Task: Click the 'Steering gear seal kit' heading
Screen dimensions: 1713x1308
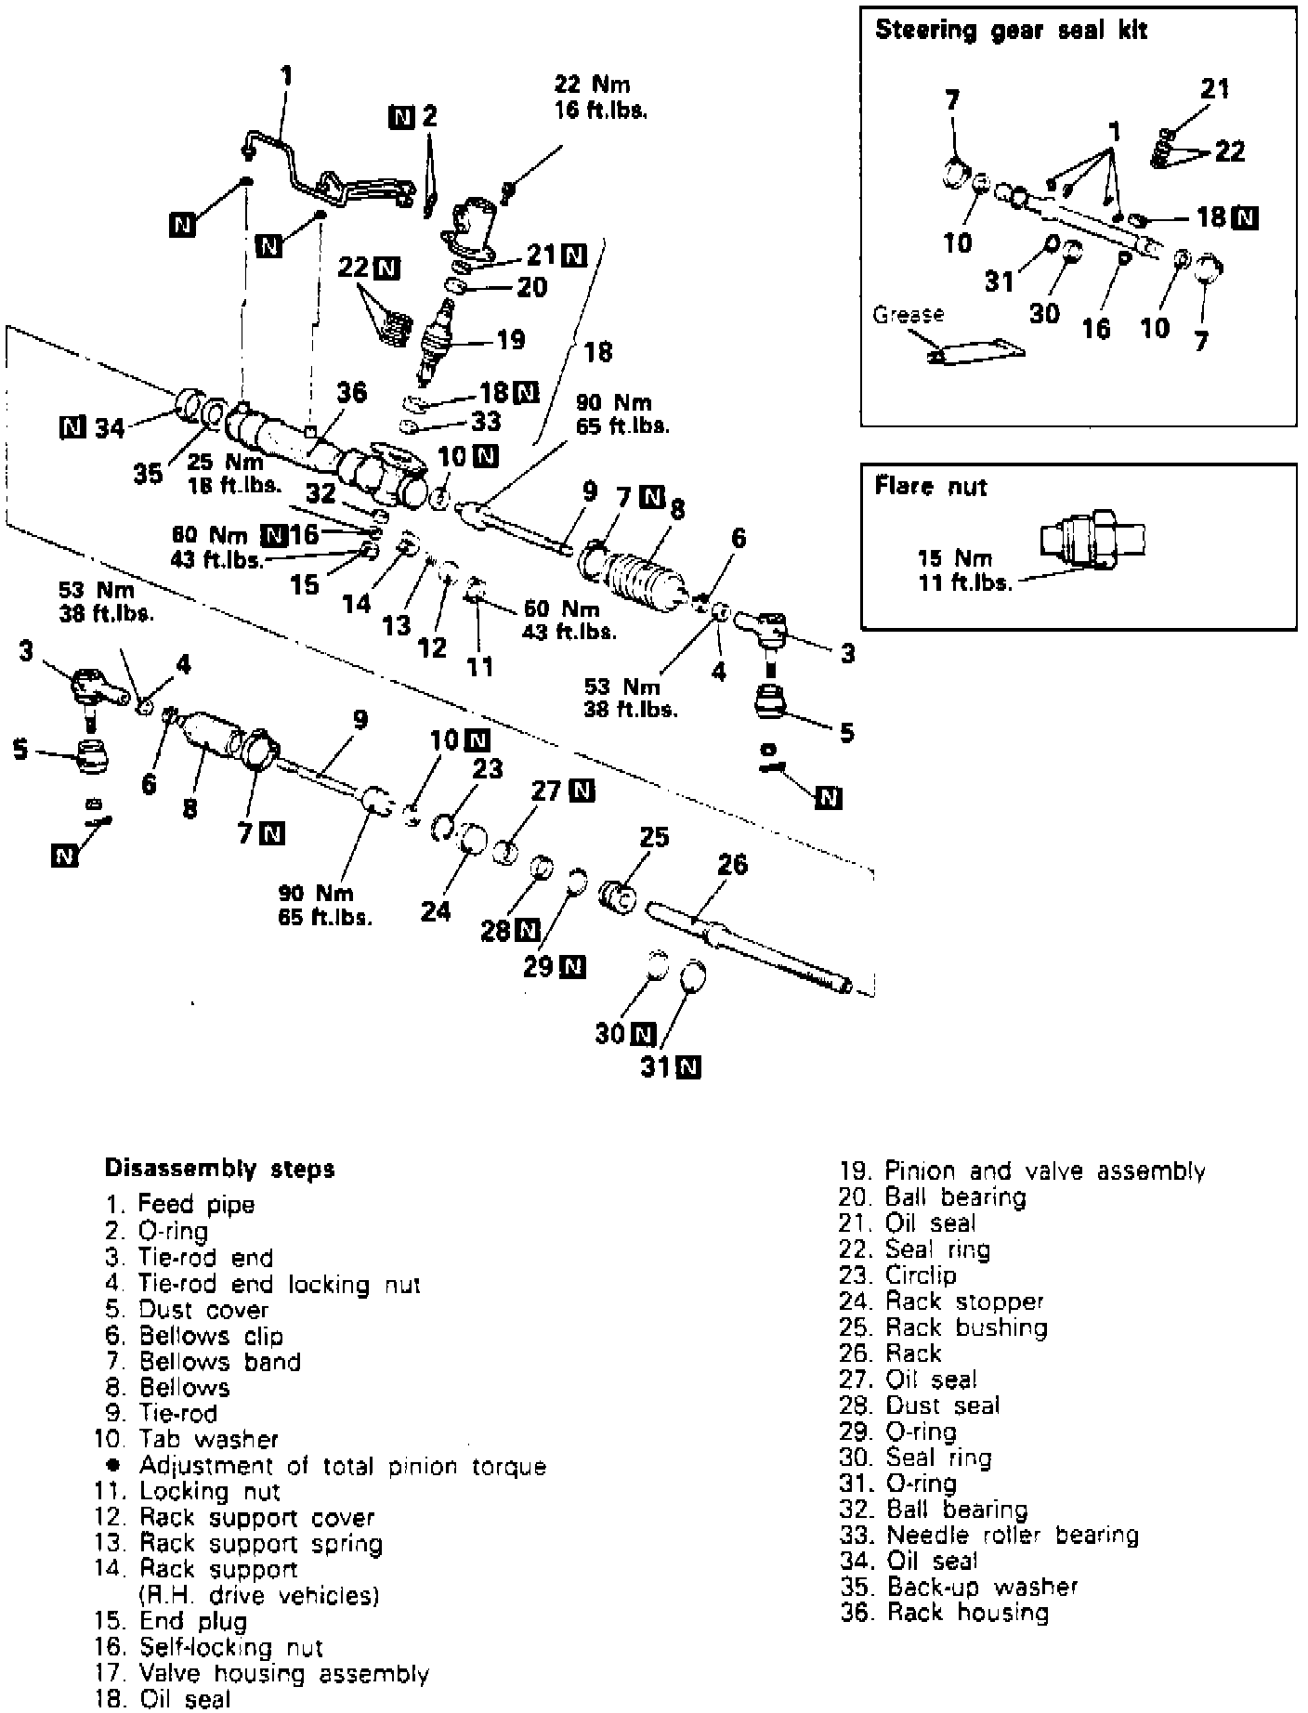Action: coord(1011,31)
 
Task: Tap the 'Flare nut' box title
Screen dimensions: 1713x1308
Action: coord(930,486)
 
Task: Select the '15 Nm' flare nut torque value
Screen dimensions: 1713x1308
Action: coord(954,558)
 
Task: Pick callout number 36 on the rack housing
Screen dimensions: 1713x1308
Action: coord(350,393)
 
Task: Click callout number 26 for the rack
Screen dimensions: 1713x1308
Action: coord(732,865)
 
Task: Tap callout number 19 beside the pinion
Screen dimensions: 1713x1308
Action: coord(510,340)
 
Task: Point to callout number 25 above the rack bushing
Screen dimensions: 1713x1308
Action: coord(654,837)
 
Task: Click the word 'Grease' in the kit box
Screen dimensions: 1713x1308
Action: coord(908,314)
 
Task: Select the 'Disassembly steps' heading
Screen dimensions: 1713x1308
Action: coord(219,1168)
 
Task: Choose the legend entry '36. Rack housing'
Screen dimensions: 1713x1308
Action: coord(944,1614)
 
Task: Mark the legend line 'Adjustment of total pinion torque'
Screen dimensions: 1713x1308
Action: coord(342,1466)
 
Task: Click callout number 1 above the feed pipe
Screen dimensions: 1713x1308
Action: coord(287,75)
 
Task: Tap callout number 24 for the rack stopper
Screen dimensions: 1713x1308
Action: coord(435,911)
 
